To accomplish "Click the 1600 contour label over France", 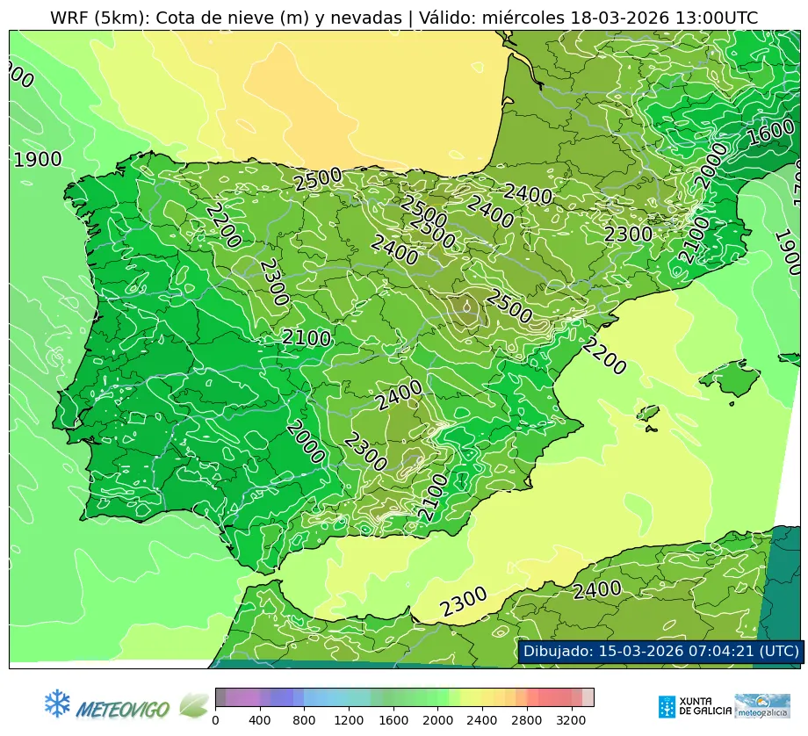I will (771, 133).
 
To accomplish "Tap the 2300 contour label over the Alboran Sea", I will (463, 603).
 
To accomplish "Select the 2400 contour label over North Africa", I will (597, 590).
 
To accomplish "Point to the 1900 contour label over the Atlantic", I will (38, 160).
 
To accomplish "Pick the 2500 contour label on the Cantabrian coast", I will (318, 179).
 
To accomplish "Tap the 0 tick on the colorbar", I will (215, 720).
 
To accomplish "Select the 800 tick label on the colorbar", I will (304, 720).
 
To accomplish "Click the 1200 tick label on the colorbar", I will (349, 720).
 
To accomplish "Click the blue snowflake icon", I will (57, 703).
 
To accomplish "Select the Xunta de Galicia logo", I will (694, 706).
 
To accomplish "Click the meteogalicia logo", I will (762, 706).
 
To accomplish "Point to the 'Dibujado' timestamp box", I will (660, 652).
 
